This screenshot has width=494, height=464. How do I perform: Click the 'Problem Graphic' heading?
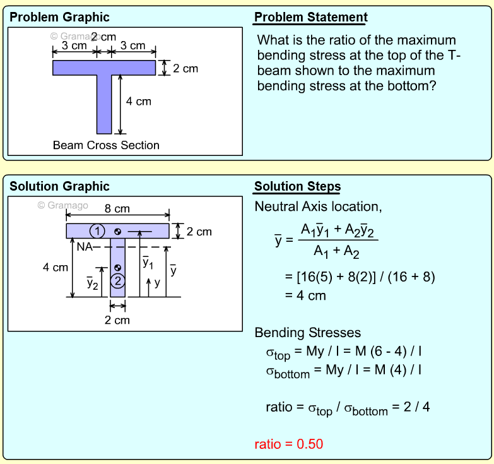point(59,17)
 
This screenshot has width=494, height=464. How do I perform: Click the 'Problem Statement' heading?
point(310,17)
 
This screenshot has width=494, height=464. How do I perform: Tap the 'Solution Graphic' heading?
point(59,186)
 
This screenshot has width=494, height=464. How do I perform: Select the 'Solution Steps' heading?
point(297,186)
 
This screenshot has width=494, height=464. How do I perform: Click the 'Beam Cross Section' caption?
point(106,145)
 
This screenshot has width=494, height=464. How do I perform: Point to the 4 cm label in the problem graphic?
point(139,101)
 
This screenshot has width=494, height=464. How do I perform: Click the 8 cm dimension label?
point(117,208)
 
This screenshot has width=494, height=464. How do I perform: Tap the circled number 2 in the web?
point(118,281)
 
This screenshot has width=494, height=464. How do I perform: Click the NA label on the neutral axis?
point(84,247)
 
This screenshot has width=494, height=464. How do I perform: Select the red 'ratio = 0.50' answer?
point(288,444)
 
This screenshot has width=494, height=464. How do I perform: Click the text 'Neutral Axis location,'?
point(318,206)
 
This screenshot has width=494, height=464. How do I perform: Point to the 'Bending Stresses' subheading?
point(307,333)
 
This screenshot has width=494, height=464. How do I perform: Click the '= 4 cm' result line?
point(305,295)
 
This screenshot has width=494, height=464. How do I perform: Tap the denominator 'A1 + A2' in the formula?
point(337,252)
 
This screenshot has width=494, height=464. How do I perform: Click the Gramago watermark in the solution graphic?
point(63,205)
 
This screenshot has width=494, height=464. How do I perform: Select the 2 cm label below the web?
point(117,320)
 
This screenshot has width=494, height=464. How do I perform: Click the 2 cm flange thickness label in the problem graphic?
point(185,68)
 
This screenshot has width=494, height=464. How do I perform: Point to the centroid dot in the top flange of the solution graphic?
point(118,230)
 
